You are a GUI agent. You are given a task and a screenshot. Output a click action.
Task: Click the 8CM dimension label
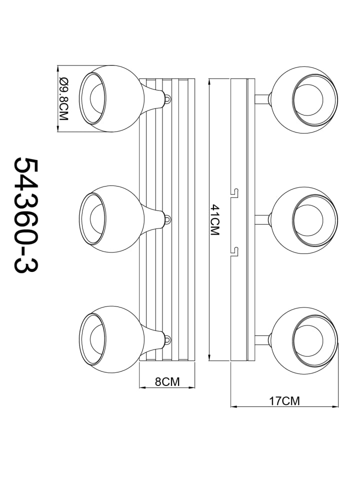[x=167, y=381]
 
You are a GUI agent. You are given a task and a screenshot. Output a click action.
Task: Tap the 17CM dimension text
[x=284, y=400]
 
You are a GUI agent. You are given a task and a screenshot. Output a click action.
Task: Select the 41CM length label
[x=215, y=220]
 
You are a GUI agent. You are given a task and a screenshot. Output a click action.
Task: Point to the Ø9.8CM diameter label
[x=63, y=98]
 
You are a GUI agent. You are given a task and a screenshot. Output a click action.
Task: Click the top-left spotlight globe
[x=111, y=98]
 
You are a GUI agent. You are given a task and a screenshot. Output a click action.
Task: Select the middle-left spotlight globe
[x=111, y=219]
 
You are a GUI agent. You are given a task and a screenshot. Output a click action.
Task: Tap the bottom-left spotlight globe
[x=111, y=339]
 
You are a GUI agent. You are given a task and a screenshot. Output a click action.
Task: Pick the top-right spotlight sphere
[x=304, y=100]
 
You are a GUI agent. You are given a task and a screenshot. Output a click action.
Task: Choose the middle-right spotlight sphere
[x=304, y=220]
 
